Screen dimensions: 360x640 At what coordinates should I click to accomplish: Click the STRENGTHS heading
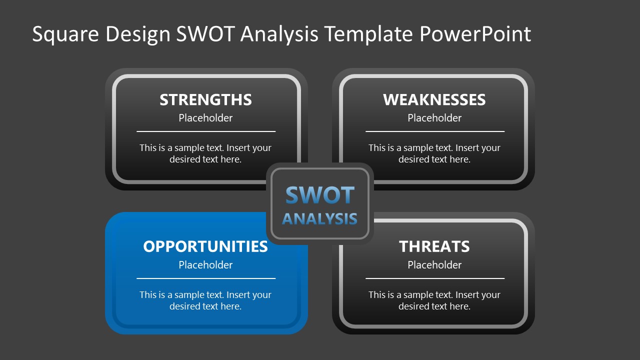pos(205,99)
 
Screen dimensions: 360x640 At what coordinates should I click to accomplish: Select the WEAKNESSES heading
pos(434,99)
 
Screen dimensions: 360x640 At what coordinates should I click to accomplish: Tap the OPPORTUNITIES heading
pos(205,246)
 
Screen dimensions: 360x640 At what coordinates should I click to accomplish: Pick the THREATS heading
pos(434,246)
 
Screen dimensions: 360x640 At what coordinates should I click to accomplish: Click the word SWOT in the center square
pos(320,195)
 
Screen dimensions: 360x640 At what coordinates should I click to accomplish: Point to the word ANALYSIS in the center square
pos(320,218)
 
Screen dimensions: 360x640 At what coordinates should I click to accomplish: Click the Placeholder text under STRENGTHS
pos(205,118)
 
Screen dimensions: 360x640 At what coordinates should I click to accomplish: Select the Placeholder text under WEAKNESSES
pos(434,118)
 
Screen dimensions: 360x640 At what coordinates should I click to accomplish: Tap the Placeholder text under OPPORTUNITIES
pos(205,265)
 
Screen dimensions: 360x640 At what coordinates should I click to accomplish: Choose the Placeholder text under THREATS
pos(434,265)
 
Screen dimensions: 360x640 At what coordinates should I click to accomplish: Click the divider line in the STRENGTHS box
pos(205,131)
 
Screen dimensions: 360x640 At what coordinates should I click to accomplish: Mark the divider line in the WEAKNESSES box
pos(434,131)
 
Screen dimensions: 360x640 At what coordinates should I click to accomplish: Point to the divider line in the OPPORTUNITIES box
pos(205,278)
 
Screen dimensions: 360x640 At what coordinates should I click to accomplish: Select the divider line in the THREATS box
pos(434,278)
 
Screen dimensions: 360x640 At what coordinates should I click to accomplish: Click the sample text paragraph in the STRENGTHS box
pos(205,153)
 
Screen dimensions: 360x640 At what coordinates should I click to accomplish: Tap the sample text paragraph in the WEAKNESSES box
pos(434,153)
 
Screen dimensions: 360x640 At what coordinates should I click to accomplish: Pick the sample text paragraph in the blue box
pos(205,300)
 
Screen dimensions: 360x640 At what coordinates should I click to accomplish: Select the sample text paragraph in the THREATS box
pos(434,300)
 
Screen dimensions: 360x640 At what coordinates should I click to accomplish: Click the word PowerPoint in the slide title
pos(475,34)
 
